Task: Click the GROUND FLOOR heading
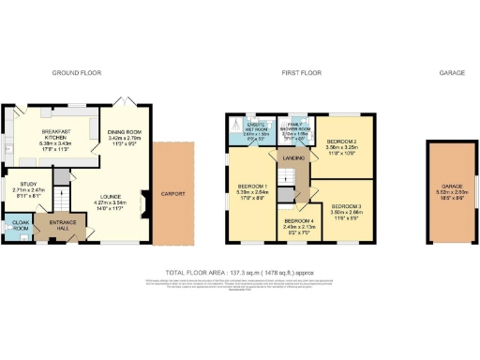click(x=76, y=72)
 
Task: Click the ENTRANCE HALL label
click(x=63, y=226)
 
